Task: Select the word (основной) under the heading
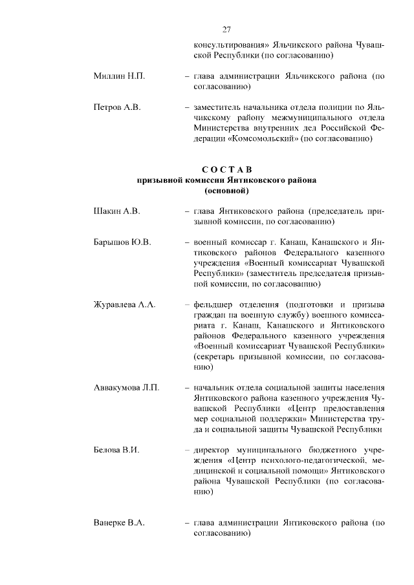click(x=226, y=191)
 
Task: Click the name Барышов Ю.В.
click(x=122, y=242)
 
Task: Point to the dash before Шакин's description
click(x=187, y=211)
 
